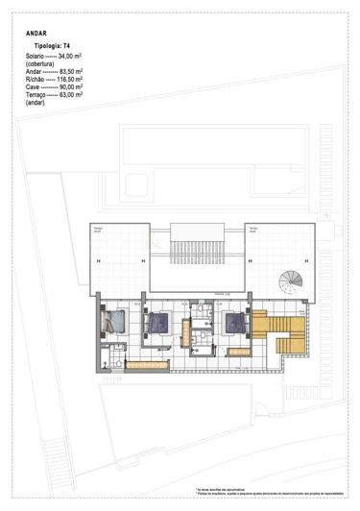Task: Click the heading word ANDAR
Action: tap(37, 32)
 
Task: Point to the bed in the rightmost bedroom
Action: tap(234, 324)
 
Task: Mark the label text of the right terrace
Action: tap(254, 230)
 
